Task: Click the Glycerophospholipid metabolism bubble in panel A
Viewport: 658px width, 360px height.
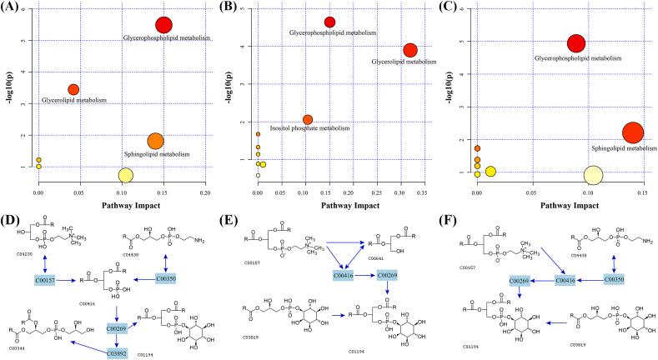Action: pos(164,26)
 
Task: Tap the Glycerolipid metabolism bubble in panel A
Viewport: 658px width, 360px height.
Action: pos(73,89)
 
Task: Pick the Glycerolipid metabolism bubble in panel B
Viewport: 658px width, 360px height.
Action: pos(409,50)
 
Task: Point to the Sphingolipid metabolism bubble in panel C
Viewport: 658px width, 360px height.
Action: pos(633,132)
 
